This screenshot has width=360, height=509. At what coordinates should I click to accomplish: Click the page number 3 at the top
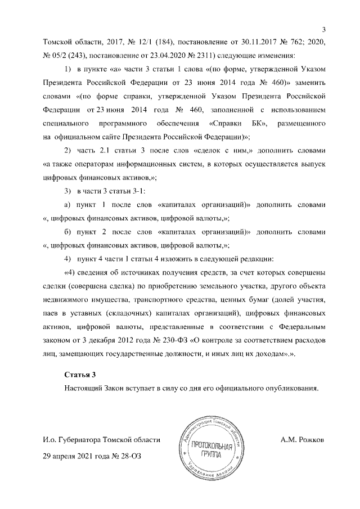(x=323, y=29)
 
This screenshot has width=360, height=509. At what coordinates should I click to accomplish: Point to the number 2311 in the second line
(x=166, y=55)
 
